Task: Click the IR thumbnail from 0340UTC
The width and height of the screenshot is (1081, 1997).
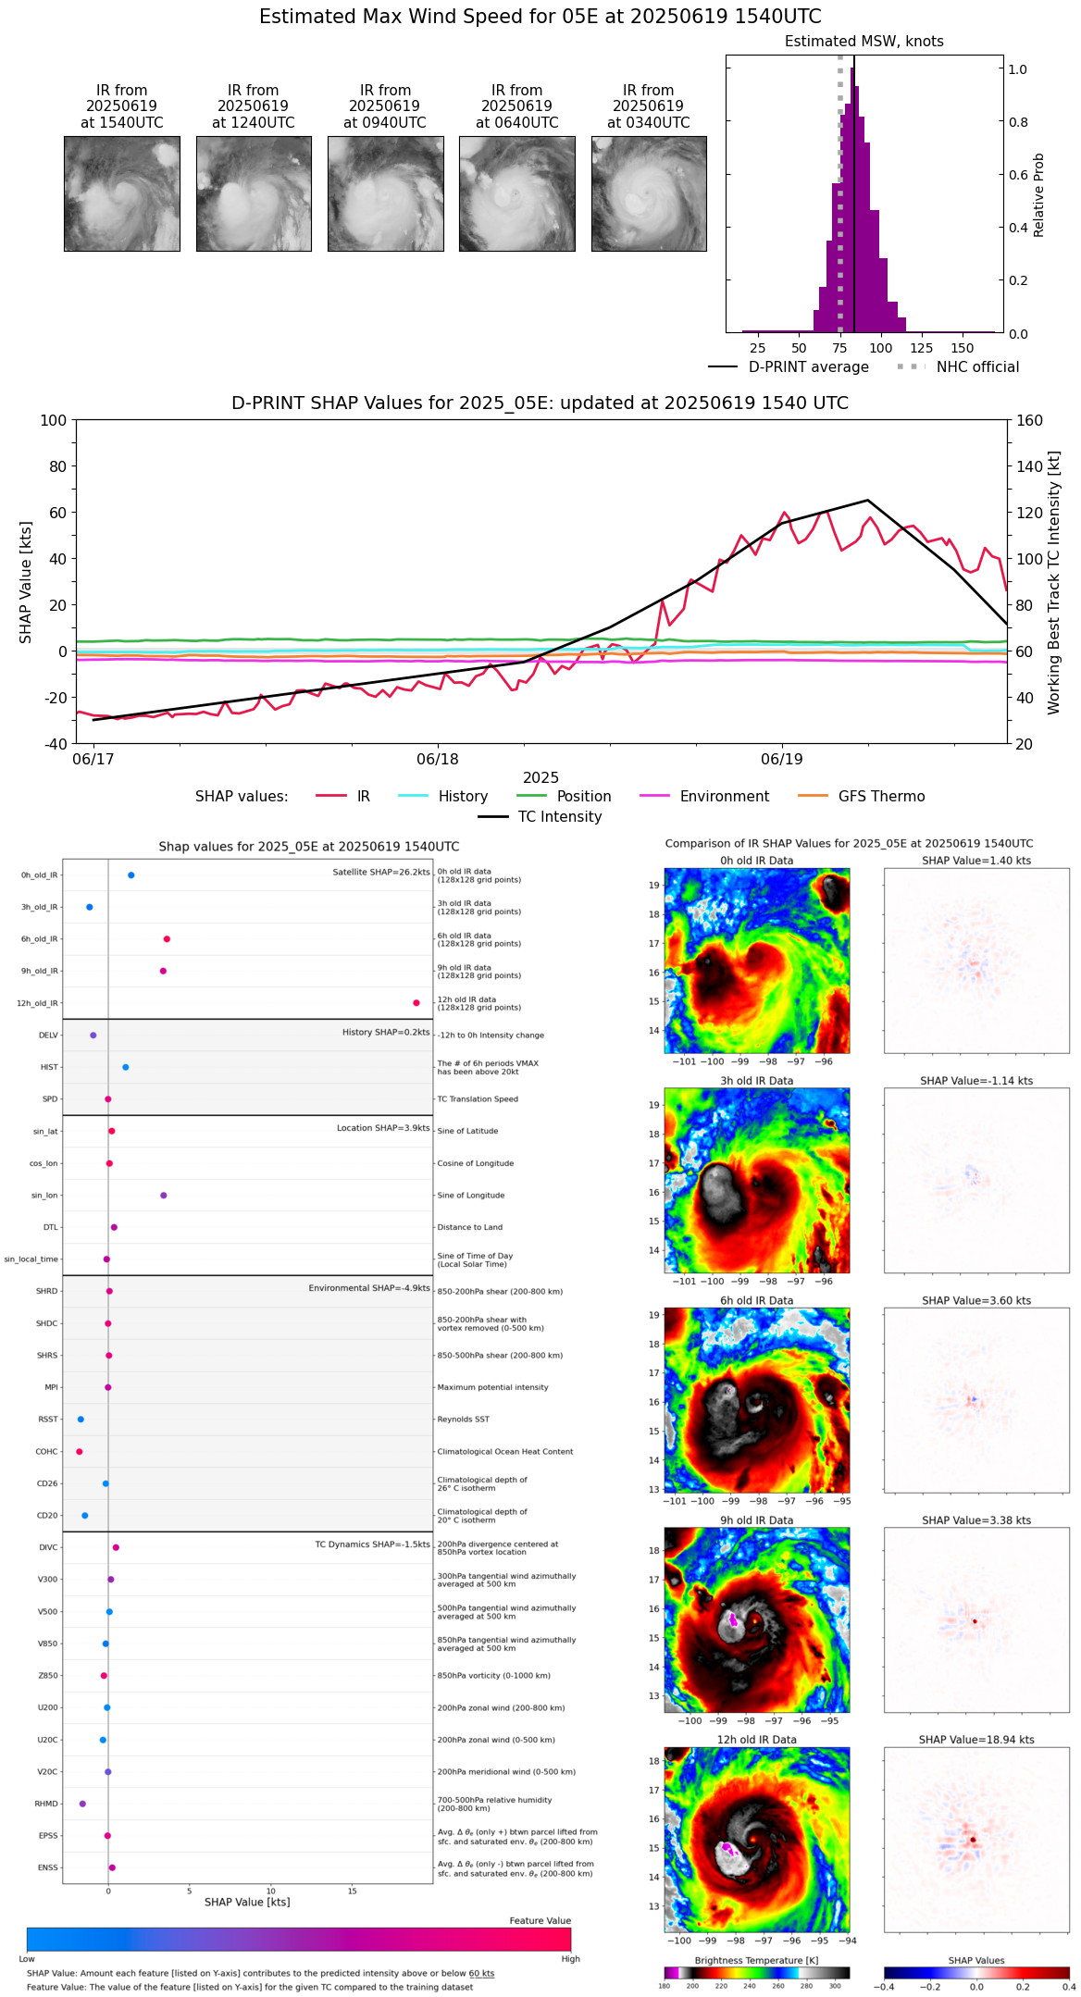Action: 649,193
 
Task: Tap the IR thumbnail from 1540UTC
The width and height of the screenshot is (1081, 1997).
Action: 122,193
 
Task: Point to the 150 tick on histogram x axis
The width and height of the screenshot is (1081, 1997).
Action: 963,348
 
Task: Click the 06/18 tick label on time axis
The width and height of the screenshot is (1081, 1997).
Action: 438,760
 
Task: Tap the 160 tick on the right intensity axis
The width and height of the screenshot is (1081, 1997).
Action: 1029,421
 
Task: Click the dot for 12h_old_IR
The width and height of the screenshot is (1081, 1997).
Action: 416,1003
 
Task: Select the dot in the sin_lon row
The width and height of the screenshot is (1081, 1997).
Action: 164,1196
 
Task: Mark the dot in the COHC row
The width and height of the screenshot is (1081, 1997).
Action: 80,1452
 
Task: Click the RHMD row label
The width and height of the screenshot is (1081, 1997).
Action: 46,1804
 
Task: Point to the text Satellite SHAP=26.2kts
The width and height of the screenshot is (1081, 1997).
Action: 381,873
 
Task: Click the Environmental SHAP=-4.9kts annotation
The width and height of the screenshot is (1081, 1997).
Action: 369,1288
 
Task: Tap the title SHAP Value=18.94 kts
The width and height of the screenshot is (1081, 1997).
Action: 976,1741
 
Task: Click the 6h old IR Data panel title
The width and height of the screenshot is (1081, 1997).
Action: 756,1301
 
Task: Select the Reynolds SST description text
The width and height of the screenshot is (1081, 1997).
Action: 464,1420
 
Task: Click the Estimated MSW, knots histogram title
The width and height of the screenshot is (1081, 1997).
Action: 864,42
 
